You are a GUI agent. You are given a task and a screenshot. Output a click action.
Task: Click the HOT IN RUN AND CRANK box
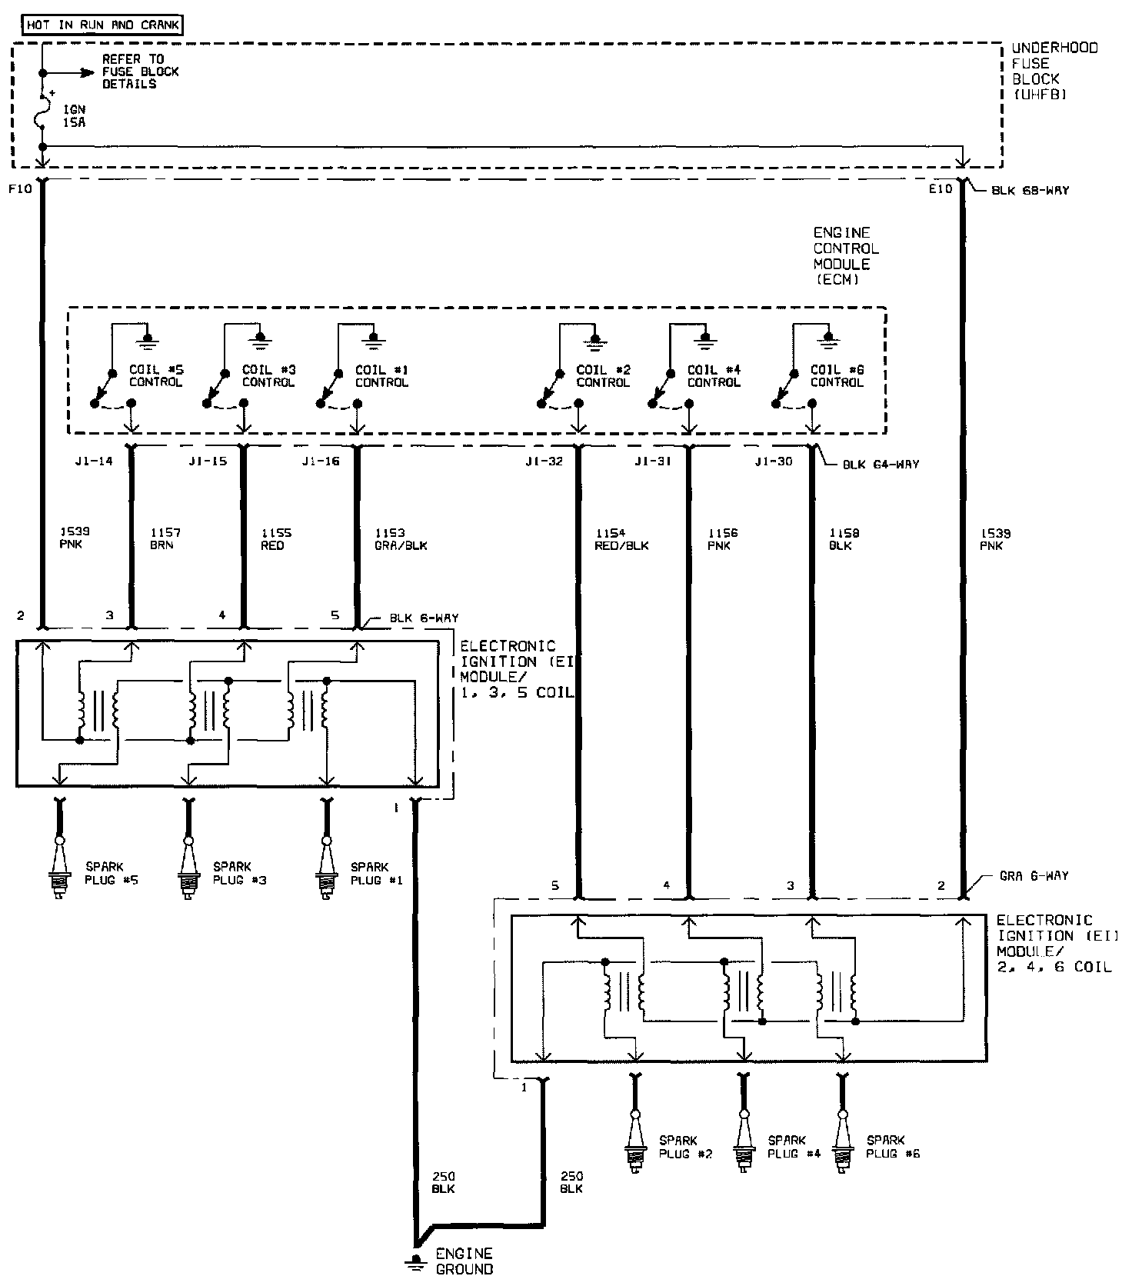103,25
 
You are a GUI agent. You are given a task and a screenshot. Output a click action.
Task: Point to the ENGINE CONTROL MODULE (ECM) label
845,256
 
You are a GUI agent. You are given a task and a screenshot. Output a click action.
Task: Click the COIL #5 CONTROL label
156,376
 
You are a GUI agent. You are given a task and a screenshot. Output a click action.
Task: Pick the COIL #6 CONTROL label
837,376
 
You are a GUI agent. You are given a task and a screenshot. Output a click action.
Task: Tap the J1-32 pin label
544,461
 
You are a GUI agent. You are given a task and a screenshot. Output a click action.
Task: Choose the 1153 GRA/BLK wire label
401,538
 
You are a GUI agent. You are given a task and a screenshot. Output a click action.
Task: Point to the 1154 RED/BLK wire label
621,538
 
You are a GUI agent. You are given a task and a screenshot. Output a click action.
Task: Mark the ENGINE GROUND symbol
417,1261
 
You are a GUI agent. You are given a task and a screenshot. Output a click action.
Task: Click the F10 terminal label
21,189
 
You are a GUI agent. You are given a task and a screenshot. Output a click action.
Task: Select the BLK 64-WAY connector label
881,465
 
